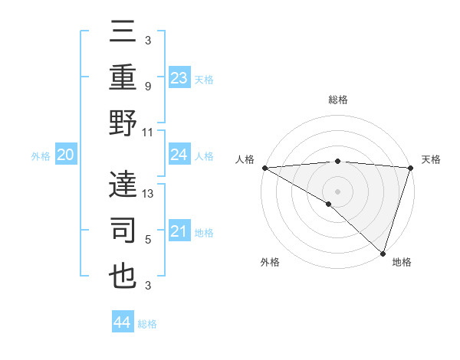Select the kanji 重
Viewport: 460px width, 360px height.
point(123,76)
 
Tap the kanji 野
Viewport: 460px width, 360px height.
point(123,123)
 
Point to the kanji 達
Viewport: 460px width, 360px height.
point(123,184)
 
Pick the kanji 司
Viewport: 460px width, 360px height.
point(123,231)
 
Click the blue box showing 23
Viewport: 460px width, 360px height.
point(179,77)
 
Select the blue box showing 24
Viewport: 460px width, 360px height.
point(179,155)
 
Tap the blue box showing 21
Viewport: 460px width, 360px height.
point(179,231)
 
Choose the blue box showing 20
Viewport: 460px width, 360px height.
point(65,155)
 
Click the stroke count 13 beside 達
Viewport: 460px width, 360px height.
point(149,194)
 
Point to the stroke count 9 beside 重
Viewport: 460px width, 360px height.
point(148,86)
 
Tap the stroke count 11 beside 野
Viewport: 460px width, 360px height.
point(149,132)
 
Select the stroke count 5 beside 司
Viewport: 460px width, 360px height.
point(148,240)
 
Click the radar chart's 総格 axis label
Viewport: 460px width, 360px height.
point(337,100)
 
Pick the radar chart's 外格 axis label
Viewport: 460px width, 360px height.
point(270,263)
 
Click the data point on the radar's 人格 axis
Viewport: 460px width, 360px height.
point(264,168)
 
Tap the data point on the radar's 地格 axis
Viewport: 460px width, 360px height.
point(383,252)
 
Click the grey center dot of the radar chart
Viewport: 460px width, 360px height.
point(337,191)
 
